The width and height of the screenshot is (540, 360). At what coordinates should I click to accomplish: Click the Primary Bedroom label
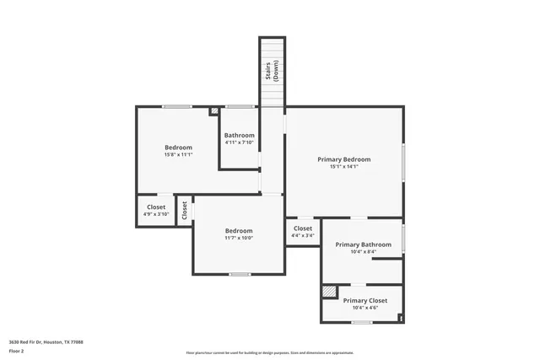click(343, 159)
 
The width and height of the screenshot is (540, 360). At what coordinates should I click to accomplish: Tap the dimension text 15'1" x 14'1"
click(343, 167)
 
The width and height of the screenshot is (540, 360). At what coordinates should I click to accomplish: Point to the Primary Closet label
click(365, 300)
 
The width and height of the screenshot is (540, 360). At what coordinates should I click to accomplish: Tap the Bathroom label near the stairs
click(239, 136)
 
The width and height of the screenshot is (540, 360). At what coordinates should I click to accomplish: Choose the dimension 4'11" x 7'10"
click(239, 142)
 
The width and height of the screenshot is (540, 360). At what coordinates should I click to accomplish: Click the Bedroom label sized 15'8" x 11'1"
click(178, 148)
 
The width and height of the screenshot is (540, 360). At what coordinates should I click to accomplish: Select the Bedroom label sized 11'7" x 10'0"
click(239, 231)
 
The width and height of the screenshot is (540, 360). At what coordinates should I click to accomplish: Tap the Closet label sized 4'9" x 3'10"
click(156, 207)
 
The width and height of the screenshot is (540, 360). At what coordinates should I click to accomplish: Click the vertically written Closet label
click(184, 210)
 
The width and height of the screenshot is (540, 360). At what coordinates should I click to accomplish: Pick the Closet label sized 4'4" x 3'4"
click(303, 228)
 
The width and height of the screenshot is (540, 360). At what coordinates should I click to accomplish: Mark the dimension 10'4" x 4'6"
click(365, 308)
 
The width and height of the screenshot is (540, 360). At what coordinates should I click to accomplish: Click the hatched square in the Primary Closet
click(329, 291)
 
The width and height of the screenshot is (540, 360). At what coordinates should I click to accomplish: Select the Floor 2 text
click(17, 350)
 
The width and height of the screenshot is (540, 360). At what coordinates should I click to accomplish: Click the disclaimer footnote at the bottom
click(269, 352)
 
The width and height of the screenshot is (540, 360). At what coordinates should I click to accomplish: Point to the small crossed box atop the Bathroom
click(214, 110)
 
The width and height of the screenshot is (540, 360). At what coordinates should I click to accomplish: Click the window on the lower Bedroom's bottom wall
click(240, 274)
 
